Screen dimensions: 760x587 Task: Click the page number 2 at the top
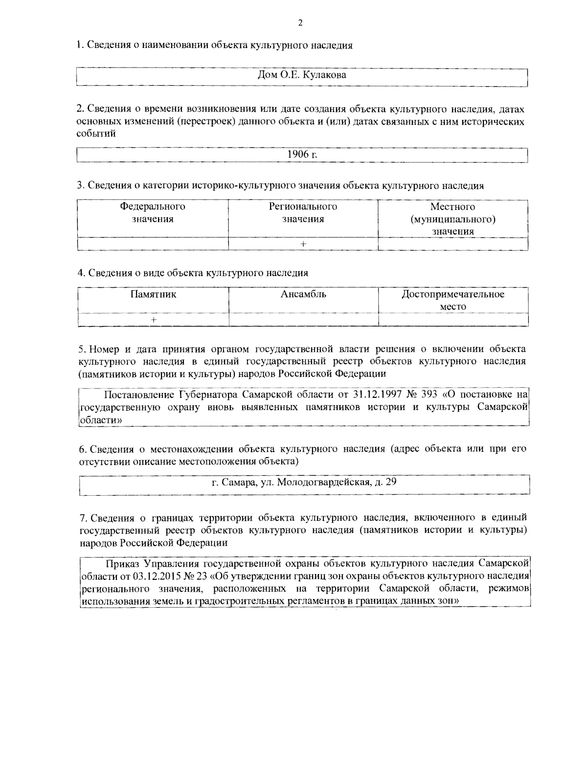click(300, 23)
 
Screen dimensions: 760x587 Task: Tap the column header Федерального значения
click(153, 213)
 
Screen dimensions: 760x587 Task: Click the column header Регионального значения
click(303, 213)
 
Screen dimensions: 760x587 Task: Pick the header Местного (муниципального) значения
click(452, 219)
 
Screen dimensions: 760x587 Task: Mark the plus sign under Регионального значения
click(303, 244)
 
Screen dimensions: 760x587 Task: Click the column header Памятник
click(153, 294)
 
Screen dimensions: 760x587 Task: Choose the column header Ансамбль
click(303, 294)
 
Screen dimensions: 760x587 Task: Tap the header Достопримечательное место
click(452, 300)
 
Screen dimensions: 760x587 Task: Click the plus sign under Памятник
click(154, 320)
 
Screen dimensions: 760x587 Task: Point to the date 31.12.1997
click(375, 394)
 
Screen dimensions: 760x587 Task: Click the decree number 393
click(429, 394)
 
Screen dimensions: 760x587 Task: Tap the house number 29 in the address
click(391, 483)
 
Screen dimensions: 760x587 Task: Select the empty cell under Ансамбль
click(303, 320)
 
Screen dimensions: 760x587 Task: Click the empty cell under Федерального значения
click(153, 244)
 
